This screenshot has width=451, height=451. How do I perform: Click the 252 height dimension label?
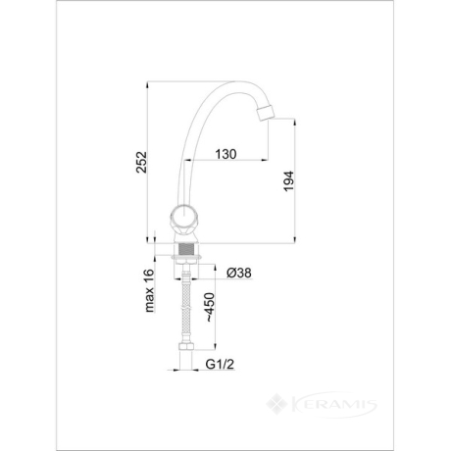point(142,162)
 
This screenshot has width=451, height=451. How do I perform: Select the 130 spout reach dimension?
point(225,154)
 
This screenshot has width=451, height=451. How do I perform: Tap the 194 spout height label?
point(288,181)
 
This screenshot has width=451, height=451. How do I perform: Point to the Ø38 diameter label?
point(239,273)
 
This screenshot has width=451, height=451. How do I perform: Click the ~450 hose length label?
point(210,308)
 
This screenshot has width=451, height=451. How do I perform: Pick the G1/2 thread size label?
point(220,364)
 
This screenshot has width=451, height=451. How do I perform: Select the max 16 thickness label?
point(149,290)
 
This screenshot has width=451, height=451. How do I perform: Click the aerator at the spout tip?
point(265,113)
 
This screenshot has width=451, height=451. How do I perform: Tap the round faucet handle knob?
point(184,218)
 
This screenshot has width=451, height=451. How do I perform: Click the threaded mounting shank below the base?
point(185,249)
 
